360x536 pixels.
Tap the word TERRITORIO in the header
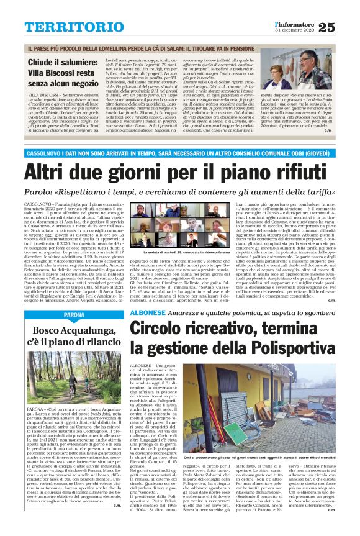(75, 26)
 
